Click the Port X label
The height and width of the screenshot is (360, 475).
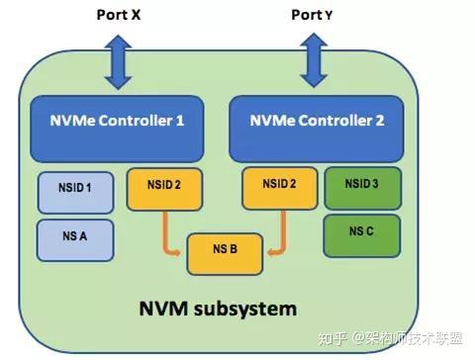coord(118,15)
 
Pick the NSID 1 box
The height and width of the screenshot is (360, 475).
coord(75,192)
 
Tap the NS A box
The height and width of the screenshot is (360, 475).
coord(75,238)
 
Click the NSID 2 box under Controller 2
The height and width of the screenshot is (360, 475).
coord(278,187)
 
